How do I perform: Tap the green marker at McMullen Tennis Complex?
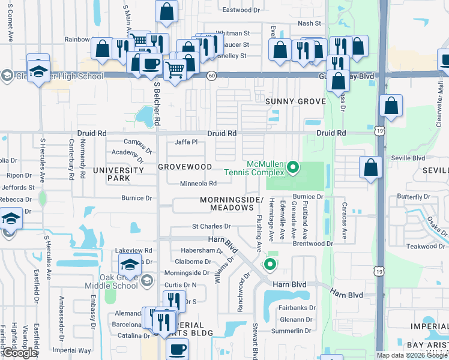pyautogui.click(x=293, y=167)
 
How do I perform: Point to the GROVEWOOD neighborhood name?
pyautogui.click(x=185, y=166)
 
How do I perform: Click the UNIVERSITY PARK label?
pyautogui.click(x=118, y=174)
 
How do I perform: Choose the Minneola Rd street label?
pyautogui.click(x=198, y=184)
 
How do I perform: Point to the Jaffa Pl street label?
pyautogui.click(x=186, y=142)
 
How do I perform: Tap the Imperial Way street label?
pyautogui.click(x=72, y=350)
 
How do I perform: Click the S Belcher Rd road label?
pyautogui.click(x=157, y=103)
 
